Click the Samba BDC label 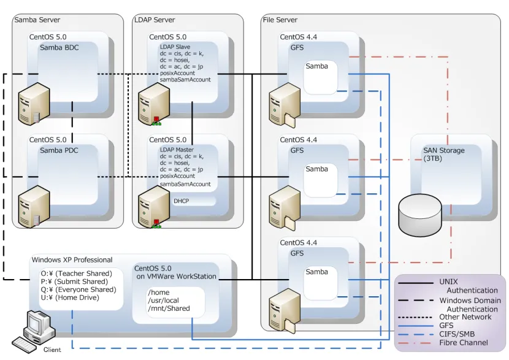pyautogui.click(x=59, y=47)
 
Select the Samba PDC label pyautogui.click(x=59, y=150)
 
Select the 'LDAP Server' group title pyautogui.click(x=155, y=20)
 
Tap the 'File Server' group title pyautogui.click(x=280, y=20)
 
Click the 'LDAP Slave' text pyautogui.click(x=175, y=47)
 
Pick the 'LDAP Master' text pyautogui.click(x=177, y=149)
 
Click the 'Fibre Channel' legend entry pyautogui.click(x=464, y=342)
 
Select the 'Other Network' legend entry pyautogui.click(x=465, y=317)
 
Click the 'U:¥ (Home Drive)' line pyautogui.click(x=70, y=297)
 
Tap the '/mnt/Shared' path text pyautogui.click(x=169, y=308)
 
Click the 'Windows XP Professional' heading pyautogui.click(x=72, y=259)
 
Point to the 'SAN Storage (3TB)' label pyautogui.click(x=443, y=154)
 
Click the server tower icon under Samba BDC pyautogui.click(x=34, y=104)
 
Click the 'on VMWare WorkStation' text pyautogui.click(x=177, y=277)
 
